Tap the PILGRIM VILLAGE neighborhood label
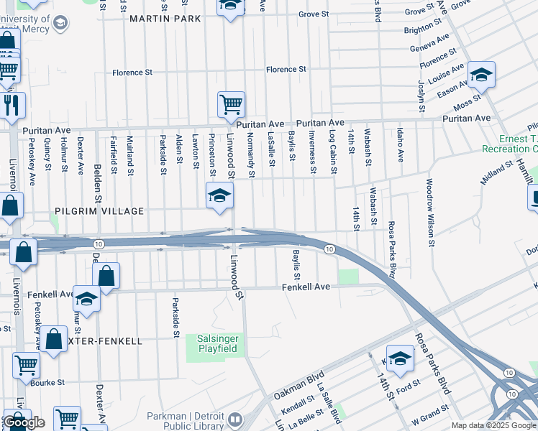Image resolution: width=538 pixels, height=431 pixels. pyautogui.click(x=99, y=211)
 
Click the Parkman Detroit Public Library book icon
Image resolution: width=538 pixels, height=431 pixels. pyautogui.click(x=235, y=417)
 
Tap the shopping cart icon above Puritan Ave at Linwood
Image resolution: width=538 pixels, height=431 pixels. pyautogui.click(x=231, y=105)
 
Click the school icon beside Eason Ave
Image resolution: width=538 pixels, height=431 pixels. pyautogui.click(x=481, y=75)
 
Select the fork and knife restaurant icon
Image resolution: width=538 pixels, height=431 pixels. pyautogui.click(x=12, y=106)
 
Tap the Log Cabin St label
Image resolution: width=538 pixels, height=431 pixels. pyautogui.click(x=333, y=152)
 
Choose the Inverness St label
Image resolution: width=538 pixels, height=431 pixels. pyautogui.click(x=313, y=152)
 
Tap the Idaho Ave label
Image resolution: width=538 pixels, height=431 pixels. pyautogui.click(x=398, y=146)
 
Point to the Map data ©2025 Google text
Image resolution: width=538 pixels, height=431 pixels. pyautogui.click(x=493, y=425)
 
